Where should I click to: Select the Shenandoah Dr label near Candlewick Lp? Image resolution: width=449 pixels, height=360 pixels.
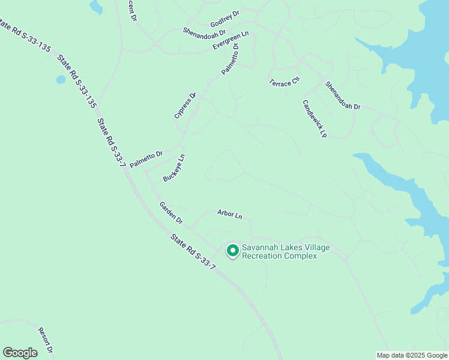pyautogui.click(x=343, y=95)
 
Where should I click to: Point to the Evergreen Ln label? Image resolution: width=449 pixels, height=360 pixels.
pyautogui.click(x=231, y=41)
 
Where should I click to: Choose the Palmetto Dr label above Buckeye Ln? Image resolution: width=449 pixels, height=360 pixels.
pyautogui.click(x=146, y=159)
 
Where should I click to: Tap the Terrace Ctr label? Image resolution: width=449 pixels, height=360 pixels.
pyautogui.click(x=284, y=82)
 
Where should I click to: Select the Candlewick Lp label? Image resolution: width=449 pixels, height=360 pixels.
pyautogui.click(x=314, y=119)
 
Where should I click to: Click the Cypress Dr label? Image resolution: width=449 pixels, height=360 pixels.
pyautogui.click(x=185, y=105)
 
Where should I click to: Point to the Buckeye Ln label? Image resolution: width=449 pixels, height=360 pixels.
pyautogui.click(x=174, y=169)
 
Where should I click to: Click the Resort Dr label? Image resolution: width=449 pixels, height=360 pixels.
pyautogui.click(x=46, y=340)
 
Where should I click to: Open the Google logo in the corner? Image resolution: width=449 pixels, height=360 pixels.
pyautogui.click(x=20, y=353)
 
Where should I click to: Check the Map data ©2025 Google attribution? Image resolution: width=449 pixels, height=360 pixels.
pyautogui.click(x=411, y=355)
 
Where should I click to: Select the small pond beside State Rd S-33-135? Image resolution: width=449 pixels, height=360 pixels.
pyautogui.click(x=61, y=79)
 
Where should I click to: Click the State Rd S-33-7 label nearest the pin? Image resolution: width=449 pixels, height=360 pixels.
pyautogui.click(x=192, y=251)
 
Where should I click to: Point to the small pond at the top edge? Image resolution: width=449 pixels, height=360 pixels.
pyautogui.click(x=96, y=7)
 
